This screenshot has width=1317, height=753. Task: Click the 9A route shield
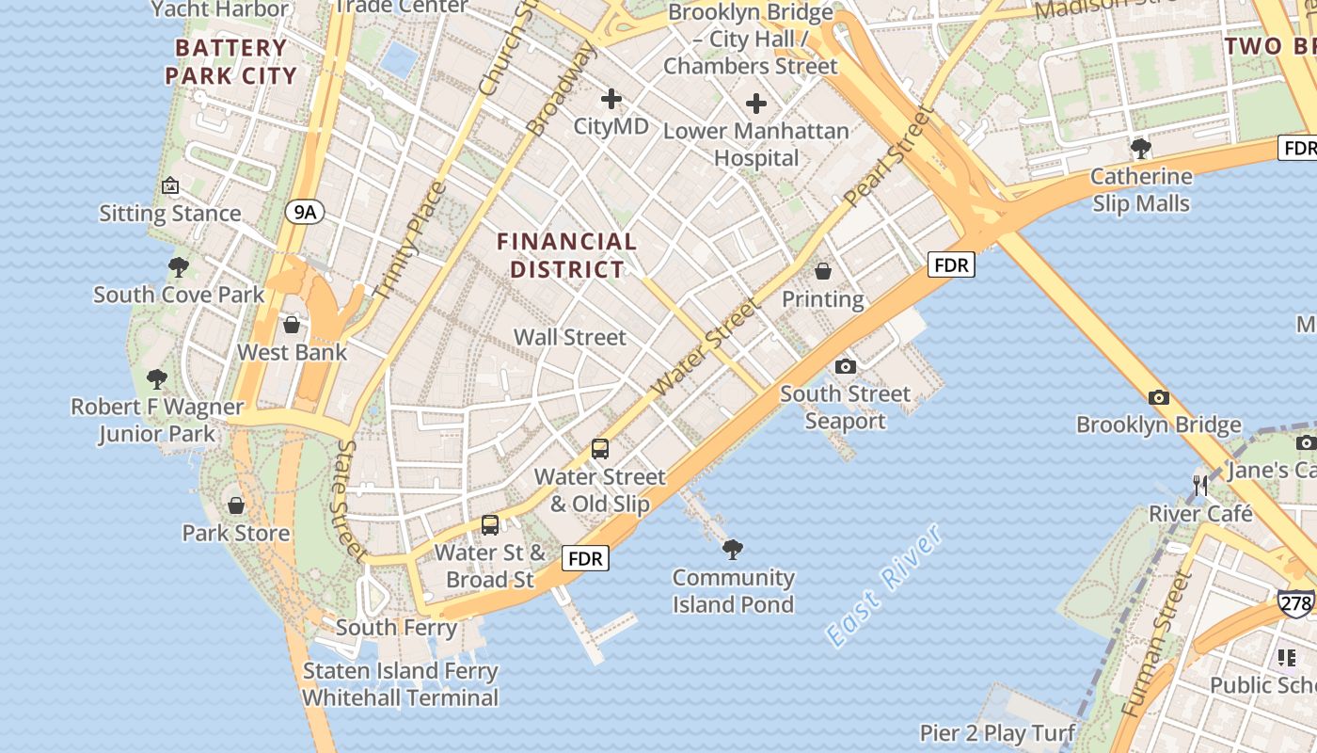(305, 213)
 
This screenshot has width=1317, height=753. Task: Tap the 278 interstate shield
(1295, 602)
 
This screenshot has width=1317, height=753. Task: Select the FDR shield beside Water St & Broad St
(585, 558)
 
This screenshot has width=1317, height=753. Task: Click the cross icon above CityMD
(611, 98)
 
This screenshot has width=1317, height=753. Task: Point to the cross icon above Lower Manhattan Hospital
(755, 104)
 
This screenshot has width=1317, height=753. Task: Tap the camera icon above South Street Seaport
(845, 366)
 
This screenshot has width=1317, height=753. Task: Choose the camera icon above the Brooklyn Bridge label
(1158, 397)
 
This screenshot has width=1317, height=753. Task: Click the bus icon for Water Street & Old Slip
(600, 449)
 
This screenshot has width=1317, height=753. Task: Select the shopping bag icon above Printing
(823, 272)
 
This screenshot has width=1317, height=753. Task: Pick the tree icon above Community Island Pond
(733, 549)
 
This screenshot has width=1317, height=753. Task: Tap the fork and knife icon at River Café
(1200, 486)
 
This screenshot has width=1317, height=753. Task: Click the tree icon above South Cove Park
(178, 267)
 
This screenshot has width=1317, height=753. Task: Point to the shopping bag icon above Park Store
(236, 505)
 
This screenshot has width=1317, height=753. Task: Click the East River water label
(883, 585)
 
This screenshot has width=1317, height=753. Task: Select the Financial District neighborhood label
(566, 255)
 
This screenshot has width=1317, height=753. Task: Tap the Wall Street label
(569, 337)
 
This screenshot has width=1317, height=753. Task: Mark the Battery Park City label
(230, 61)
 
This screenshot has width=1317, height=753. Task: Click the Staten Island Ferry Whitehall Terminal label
(400, 684)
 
